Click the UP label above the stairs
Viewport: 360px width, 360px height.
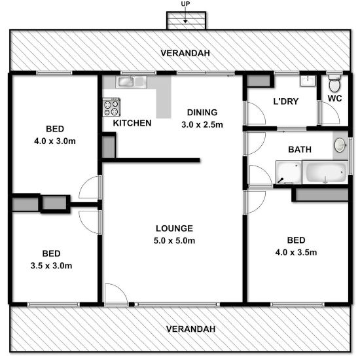click(187, 5)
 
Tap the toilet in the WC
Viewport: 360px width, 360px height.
click(334, 84)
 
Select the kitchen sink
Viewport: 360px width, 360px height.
click(133, 82)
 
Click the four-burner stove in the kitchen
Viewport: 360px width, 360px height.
click(111, 107)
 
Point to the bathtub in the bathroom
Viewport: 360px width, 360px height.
click(325, 174)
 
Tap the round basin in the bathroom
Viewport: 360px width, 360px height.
click(340, 145)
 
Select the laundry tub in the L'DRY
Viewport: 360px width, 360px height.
click(307, 81)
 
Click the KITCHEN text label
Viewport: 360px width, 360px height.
click(132, 123)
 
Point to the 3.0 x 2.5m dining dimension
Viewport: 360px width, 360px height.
click(202, 124)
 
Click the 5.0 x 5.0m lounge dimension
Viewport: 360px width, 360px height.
click(174, 241)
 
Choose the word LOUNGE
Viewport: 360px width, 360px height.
click(174, 228)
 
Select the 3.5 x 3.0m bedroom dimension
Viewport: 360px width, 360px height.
click(52, 266)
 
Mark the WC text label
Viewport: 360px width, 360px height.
click(334, 99)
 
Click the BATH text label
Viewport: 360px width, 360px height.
click(300, 150)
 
